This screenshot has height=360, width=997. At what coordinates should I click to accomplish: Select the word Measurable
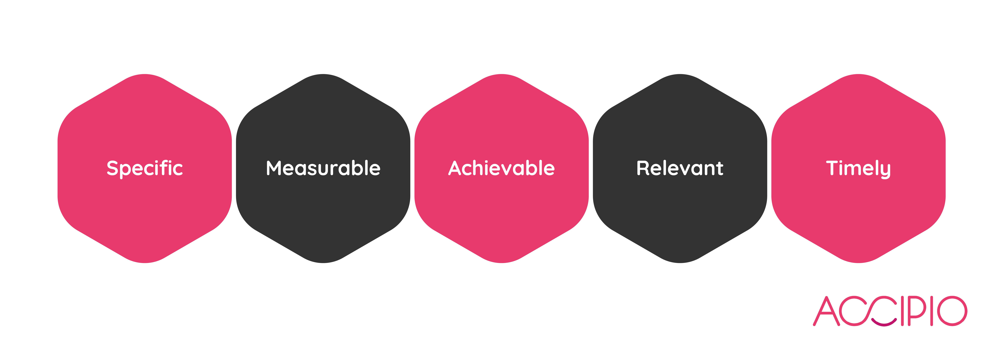point(323,168)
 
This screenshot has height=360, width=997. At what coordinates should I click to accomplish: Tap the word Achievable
point(502,168)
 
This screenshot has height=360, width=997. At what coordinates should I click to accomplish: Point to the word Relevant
point(680,168)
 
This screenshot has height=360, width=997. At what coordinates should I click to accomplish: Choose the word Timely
point(858,168)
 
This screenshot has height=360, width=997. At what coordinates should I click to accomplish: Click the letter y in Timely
point(885,170)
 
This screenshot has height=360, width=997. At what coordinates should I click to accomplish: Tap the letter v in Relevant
point(683,170)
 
